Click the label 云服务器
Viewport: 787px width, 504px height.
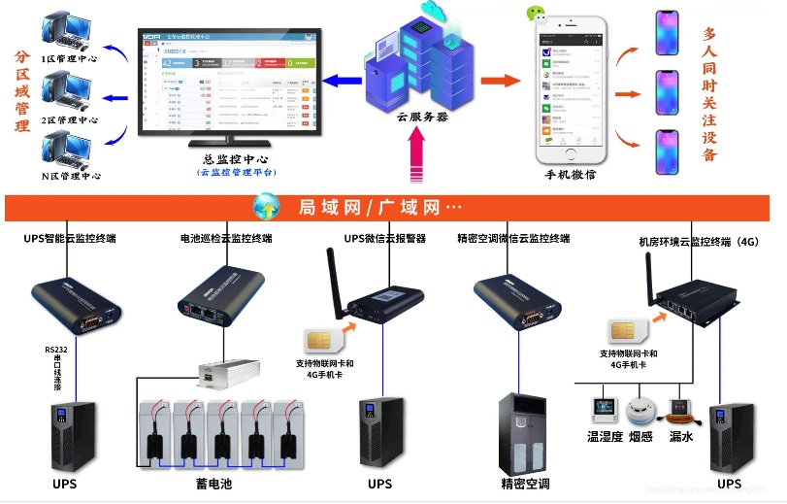[x=422, y=117]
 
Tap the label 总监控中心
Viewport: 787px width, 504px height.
[x=236, y=158]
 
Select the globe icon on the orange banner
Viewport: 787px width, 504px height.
[x=266, y=207]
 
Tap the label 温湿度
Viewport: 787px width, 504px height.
[x=606, y=437]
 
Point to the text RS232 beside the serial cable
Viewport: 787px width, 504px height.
[x=57, y=350]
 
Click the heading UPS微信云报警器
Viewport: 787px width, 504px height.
[x=385, y=239]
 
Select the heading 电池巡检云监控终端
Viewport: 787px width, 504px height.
[x=226, y=239]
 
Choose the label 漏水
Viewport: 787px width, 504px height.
[x=681, y=437]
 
